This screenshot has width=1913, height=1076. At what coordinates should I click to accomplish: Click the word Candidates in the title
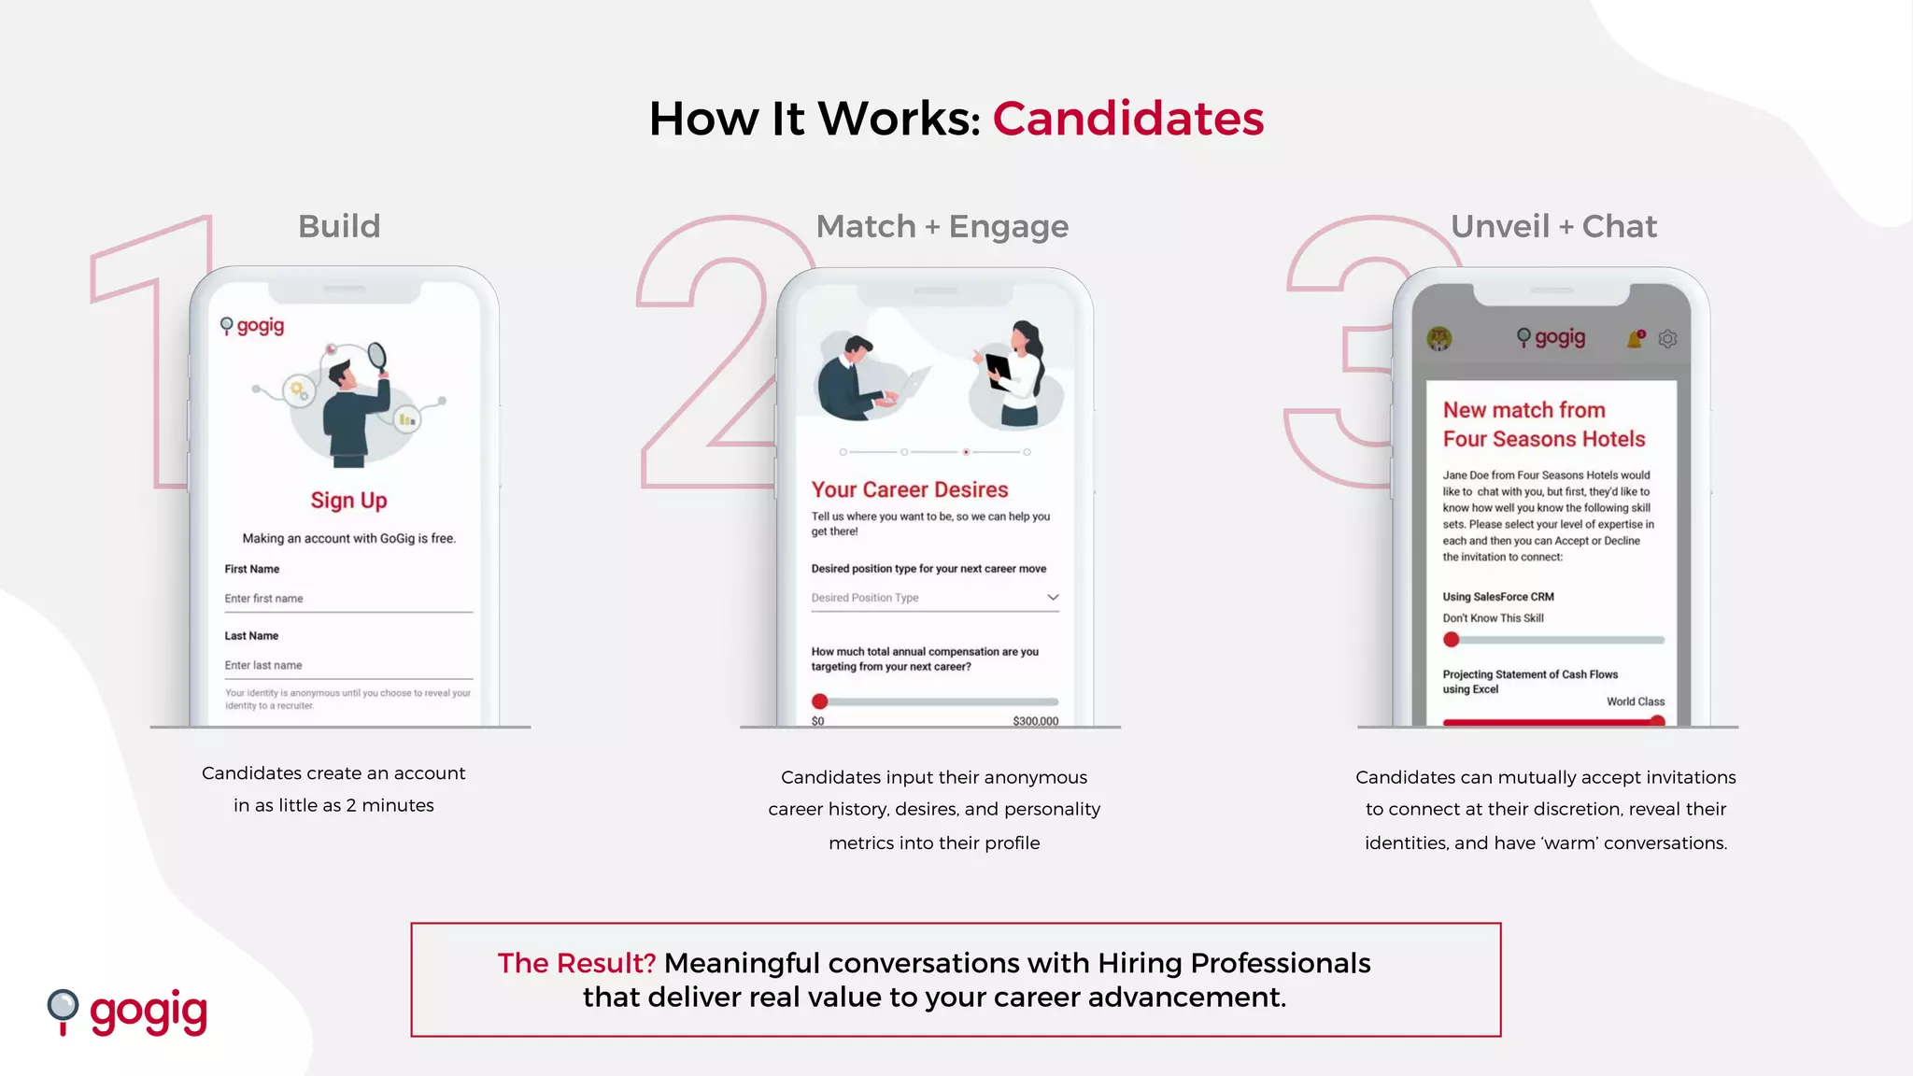pyautogui.click(x=1127, y=119)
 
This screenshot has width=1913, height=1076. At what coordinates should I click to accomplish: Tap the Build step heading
pyautogui.click(x=339, y=226)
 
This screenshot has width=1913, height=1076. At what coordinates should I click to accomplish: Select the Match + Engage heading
pyautogui.click(x=942, y=226)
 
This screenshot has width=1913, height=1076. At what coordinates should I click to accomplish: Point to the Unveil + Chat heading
pyautogui.click(x=1553, y=226)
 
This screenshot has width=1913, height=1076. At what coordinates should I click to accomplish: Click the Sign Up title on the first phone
pyautogui.click(x=348, y=501)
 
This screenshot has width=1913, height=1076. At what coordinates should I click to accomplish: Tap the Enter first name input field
pyautogui.click(x=347, y=599)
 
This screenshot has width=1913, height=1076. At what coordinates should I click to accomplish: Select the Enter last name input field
pyautogui.click(x=347, y=665)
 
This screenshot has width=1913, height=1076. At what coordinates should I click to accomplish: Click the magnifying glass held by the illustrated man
pyautogui.click(x=376, y=356)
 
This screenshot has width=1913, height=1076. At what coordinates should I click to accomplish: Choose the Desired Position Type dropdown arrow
pyautogui.click(x=1053, y=597)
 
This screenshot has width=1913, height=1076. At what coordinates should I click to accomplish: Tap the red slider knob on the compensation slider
pyautogui.click(x=819, y=701)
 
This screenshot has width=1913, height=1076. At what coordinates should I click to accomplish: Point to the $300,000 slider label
pyautogui.click(x=1035, y=721)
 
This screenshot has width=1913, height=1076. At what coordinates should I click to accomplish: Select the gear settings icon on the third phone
pyautogui.click(x=1667, y=339)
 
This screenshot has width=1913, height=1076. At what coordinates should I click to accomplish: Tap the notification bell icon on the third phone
pyautogui.click(x=1636, y=339)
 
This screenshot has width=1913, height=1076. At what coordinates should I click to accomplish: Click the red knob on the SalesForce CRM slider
pyautogui.click(x=1451, y=640)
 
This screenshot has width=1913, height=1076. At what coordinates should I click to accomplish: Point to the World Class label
pyautogui.click(x=1635, y=701)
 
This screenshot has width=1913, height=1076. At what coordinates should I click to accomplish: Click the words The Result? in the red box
pyautogui.click(x=576, y=963)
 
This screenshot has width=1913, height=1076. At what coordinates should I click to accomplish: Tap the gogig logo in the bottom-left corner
pyautogui.click(x=128, y=1012)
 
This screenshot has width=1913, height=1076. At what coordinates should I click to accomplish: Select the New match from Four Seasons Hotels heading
pyautogui.click(x=1543, y=424)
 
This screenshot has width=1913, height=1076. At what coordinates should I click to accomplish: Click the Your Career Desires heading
pyautogui.click(x=910, y=489)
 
